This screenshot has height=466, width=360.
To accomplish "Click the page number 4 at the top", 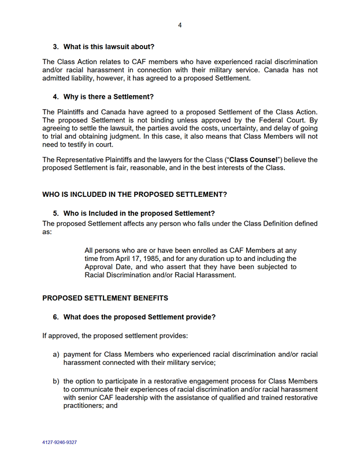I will (x=180, y=25).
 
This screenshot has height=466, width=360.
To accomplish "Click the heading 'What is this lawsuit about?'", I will (x=109, y=46).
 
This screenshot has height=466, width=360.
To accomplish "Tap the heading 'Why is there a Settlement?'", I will (x=108, y=96).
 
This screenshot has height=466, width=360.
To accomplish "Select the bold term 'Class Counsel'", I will (x=254, y=159).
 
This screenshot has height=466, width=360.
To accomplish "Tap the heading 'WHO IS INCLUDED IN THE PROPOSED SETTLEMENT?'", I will (x=135, y=195).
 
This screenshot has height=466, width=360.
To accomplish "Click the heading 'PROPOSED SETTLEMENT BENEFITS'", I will (x=105, y=299).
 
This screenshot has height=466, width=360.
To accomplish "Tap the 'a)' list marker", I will (x=56, y=353).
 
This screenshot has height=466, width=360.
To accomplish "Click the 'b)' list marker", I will (x=56, y=381).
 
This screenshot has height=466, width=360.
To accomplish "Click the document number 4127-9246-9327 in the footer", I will (x=60, y=442).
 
